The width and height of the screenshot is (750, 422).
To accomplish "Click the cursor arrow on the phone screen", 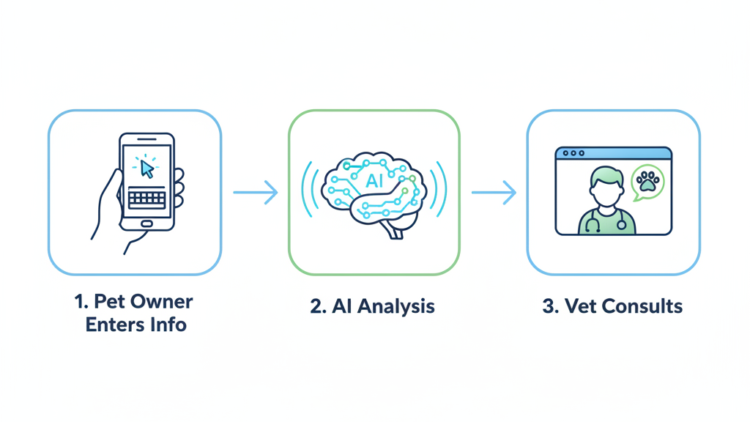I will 147,169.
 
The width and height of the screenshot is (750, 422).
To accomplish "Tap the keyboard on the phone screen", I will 146,198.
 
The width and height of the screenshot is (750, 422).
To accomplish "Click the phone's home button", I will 146,223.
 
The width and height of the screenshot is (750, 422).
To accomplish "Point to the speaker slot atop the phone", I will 146,139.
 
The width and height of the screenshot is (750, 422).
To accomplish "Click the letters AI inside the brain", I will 374,180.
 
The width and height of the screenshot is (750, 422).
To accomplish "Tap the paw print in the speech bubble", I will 647,181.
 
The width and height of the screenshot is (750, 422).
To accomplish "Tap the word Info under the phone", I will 169,324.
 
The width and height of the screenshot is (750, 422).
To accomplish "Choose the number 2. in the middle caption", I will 318,306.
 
